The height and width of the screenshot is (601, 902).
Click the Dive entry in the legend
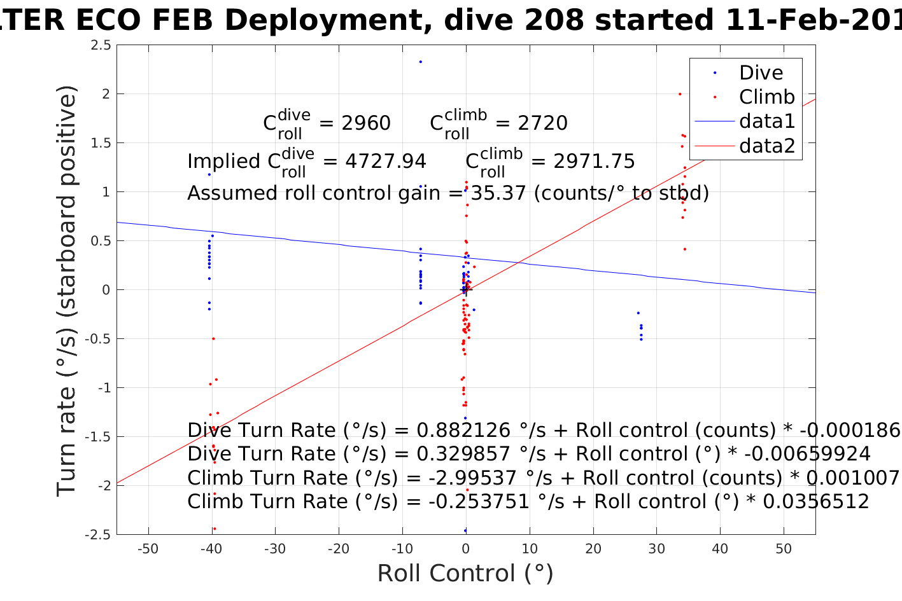tap(761, 73)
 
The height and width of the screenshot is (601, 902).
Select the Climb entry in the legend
tap(766, 97)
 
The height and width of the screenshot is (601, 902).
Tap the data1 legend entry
tap(766, 121)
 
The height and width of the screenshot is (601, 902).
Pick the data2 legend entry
tap(766, 146)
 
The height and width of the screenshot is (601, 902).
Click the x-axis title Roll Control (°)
tap(465, 574)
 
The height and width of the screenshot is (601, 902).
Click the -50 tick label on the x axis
tap(148, 549)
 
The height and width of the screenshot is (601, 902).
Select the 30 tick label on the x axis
tap(656, 549)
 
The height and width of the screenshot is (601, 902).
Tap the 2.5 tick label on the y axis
tap(101, 45)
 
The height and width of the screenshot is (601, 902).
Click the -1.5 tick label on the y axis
tap(98, 437)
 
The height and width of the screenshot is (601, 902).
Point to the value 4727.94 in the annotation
tap(386, 162)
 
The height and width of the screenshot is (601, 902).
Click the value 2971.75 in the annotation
tap(594, 162)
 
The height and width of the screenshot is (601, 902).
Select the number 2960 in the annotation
tap(366, 123)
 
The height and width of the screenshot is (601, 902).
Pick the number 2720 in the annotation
tap(542, 123)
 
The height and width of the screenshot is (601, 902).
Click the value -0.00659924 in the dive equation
tap(807, 454)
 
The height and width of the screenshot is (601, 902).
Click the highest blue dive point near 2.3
tap(421, 62)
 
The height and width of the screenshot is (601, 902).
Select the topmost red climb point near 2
tap(679, 94)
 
